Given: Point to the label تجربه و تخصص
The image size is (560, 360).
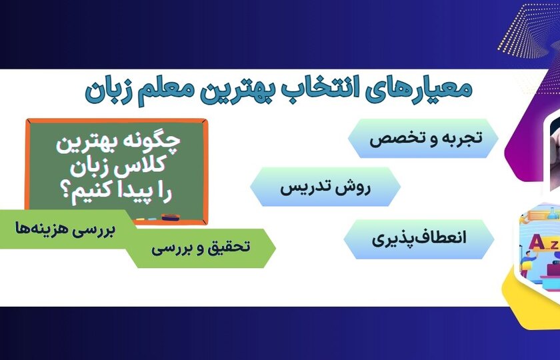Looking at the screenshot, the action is point(426,138).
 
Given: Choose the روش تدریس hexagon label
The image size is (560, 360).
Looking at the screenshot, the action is point(325,187).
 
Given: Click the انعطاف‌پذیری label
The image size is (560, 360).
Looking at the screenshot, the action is point(419,239).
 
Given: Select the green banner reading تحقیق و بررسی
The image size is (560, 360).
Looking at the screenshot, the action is point(201,248).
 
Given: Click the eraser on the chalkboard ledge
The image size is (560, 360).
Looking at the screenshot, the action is point(171,217).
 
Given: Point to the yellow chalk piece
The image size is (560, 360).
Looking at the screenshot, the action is point(141,219).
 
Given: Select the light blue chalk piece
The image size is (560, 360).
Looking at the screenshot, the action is point(152,219).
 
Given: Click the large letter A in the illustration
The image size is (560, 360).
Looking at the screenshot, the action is point(536,242).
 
